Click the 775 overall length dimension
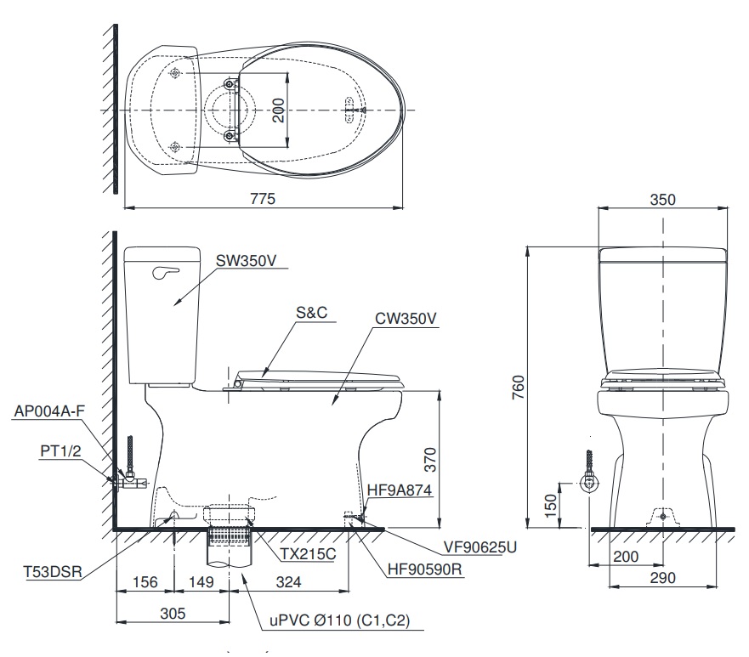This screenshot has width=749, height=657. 263,197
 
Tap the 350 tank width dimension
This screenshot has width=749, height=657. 662,200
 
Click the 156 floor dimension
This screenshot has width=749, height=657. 144,582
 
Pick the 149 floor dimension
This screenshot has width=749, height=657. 201,582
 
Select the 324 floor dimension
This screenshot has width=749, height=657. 288,582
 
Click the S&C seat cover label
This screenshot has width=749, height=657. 311,314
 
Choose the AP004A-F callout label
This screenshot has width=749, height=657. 49,411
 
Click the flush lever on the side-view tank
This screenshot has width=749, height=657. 167,272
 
